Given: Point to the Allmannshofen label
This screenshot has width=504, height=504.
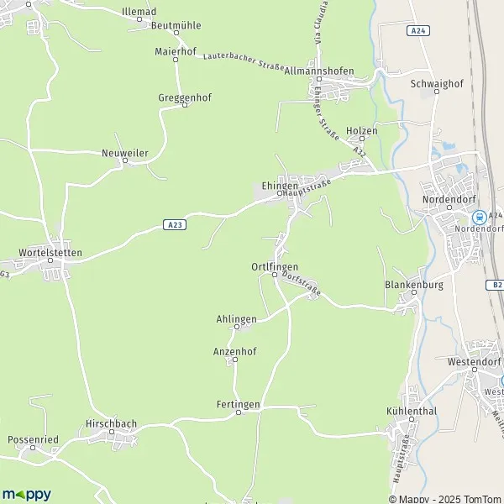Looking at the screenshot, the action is [319, 71].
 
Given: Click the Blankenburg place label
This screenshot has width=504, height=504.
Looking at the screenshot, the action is [407, 285].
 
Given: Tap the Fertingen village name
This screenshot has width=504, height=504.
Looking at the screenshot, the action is [237, 404].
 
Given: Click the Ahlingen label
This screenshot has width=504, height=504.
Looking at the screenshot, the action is [236, 318].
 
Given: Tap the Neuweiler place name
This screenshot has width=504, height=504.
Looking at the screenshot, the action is [124, 155].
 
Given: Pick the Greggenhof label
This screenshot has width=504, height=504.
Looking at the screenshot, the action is [185, 97].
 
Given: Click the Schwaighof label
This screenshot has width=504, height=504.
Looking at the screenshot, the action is [433, 84].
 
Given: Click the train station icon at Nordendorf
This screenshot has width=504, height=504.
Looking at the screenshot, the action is [433, 215].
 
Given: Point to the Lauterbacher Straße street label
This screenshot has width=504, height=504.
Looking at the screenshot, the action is [244, 59].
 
